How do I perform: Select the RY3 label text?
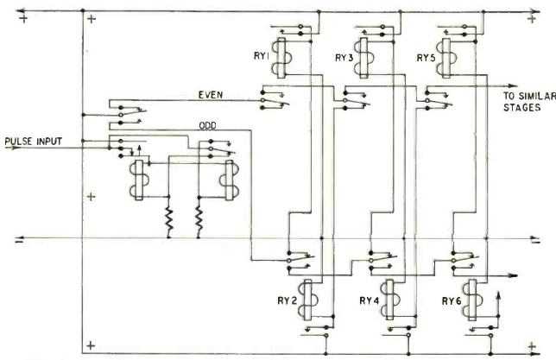[x=344, y=59]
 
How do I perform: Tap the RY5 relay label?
[x=425, y=59]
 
